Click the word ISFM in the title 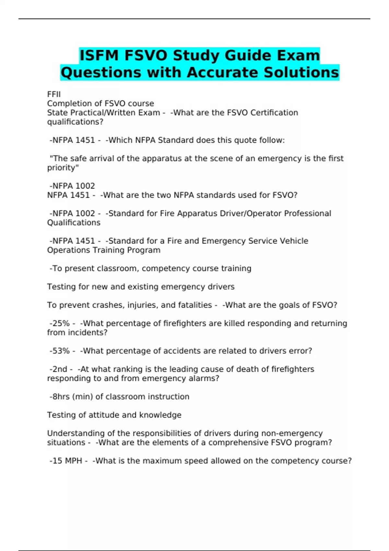point(99,55)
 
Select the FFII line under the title point(54,94)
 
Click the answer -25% point(60,323)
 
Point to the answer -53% point(60,351)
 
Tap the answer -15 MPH point(66,461)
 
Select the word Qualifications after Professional point(74,223)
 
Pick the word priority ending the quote point(62,168)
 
